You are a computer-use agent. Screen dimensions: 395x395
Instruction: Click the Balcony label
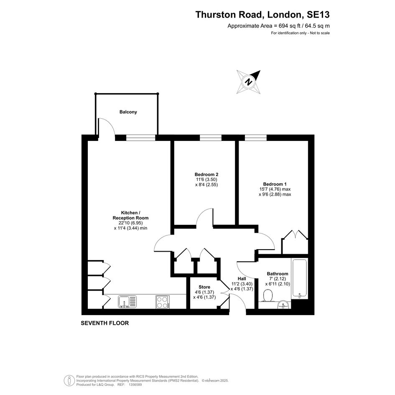[x=128, y=112]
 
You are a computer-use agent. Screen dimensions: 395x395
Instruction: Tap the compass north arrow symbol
[x=249, y=82]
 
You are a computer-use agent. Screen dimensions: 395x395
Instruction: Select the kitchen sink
[x=127, y=301]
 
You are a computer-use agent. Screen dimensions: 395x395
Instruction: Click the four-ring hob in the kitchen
[x=163, y=302]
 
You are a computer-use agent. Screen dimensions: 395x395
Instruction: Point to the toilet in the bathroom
[x=267, y=295]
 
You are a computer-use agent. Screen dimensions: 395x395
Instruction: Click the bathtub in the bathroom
[x=300, y=278]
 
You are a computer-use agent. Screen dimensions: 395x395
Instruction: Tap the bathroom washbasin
[x=284, y=305]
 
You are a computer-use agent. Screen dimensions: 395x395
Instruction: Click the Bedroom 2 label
[x=206, y=174]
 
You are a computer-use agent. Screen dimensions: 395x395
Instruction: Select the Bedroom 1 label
[x=275, y=184]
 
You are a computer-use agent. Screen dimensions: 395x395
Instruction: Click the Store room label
[x=204, y=287]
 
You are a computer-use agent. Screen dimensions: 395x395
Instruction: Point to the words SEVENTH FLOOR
[x=105, y=323]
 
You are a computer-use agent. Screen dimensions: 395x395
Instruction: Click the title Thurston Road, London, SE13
[x=262, y=15]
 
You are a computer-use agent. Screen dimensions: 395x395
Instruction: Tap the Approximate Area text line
[x=279, y=25]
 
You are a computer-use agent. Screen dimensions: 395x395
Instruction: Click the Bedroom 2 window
[x=211, y=138]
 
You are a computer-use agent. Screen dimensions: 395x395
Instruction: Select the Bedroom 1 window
[x=256, y=138]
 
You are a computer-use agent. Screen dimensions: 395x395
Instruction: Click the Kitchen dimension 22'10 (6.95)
[x=130, y=223]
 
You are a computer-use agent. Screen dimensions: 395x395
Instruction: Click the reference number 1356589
[x=135, y=385]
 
